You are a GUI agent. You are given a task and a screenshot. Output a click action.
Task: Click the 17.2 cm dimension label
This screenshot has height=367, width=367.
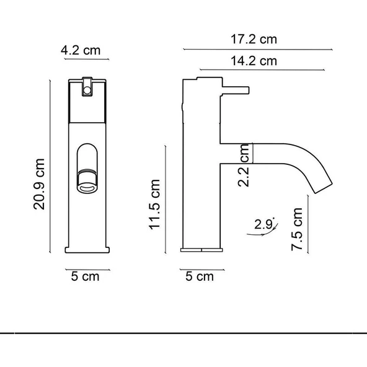point(254,40)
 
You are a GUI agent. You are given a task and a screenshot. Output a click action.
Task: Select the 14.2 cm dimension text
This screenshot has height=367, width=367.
point(254,61)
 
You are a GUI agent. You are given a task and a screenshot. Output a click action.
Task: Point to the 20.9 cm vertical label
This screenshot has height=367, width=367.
point(40,184)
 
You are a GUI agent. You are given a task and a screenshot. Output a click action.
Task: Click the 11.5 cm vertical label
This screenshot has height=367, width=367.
point(155,205)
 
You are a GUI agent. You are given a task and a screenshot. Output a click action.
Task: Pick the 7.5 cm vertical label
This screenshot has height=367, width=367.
point(298,230)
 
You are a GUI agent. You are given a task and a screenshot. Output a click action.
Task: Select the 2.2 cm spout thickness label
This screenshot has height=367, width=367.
point(244,172)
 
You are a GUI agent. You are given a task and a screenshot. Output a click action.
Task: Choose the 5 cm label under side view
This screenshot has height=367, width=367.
point(200,276)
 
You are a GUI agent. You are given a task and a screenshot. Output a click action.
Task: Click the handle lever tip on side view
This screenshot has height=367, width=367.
point(247,90)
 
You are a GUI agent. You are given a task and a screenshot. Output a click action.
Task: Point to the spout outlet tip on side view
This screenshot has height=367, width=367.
point(323,187)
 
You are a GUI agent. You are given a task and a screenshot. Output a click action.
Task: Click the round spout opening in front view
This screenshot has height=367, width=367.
point(86,180)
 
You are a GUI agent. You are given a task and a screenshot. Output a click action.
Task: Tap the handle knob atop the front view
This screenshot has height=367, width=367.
point(87,86)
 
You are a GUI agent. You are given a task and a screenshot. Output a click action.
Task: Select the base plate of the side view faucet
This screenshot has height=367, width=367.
point(201,249)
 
